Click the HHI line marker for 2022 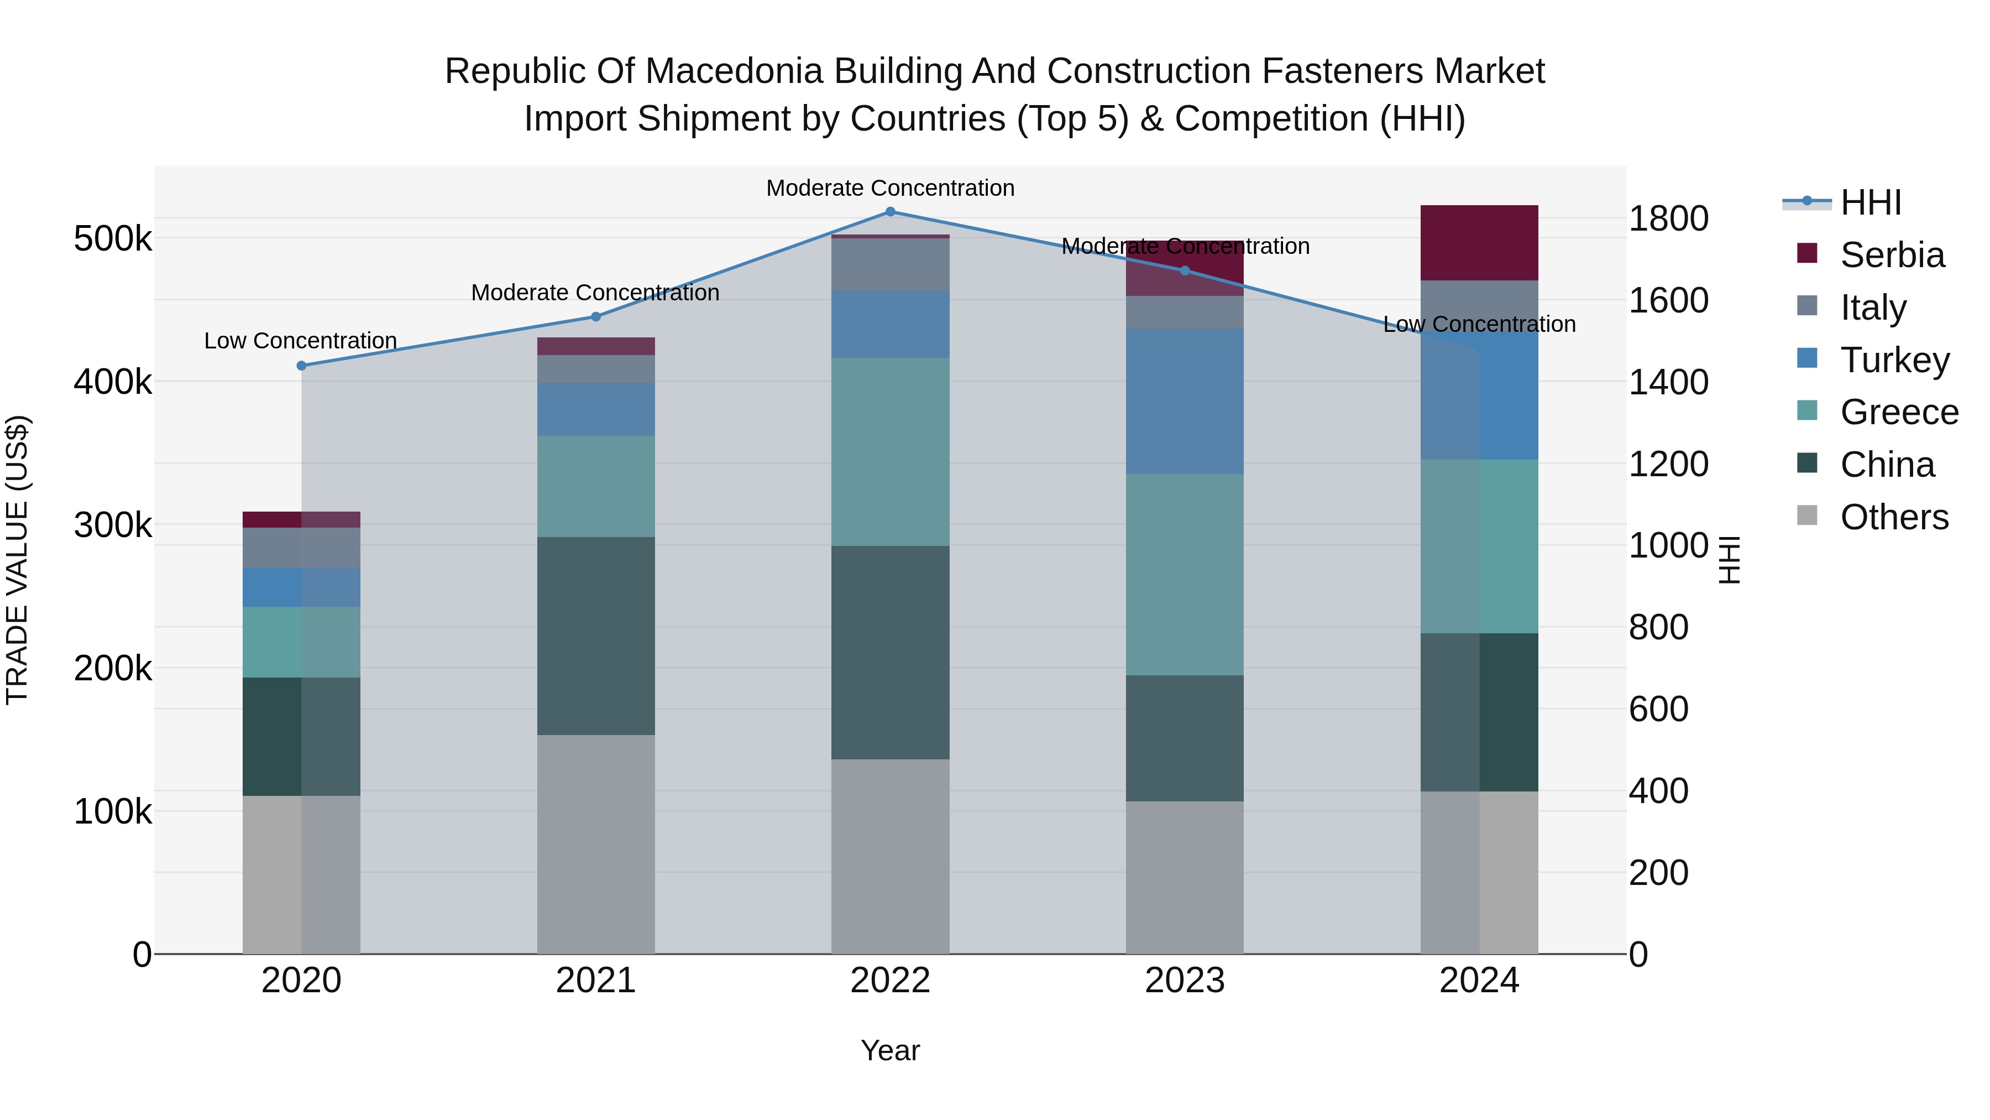pyautogui.click(x=890, y=211)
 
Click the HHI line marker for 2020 pyautogui.click(x=301, y=366)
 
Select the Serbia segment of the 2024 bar pyautogui.click(x=1479, y=243)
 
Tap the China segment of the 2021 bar pyautogui.click(x=595, y=635)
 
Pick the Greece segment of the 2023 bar pyautogui.click(x=1184, y=574)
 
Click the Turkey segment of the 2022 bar pyautogui.click(x=890, y=324)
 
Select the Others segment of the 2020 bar pyautogui.click(x=301, y=874)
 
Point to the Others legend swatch pyautogui.click(x=1807, y=515)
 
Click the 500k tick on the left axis pyautogui.click(x=113, y=239)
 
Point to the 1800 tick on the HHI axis pyautogui.click(x=1668, y=218)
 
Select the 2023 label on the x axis pyautogui.click(x=1184, y=981)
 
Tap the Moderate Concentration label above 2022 pyautogui.click(x=890, y=188)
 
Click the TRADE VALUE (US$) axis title pyautogui.click(x=17, y=560)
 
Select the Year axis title pyautogui.click(x=890, y=1050)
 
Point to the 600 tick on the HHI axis pyautogui.click(x=1658, y=710)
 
